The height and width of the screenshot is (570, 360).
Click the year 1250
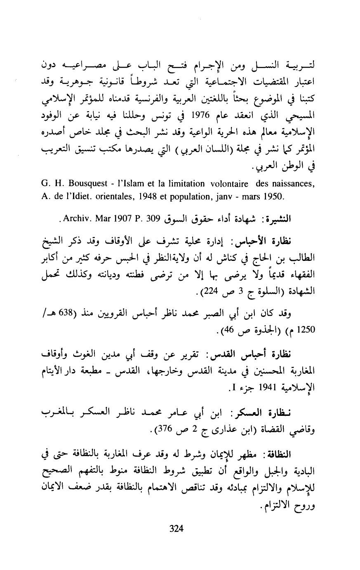pyautogui.click(x=304, y=330)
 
